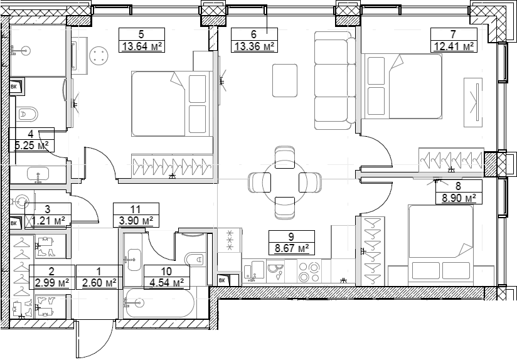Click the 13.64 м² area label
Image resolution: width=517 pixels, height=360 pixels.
[x=142, y=46]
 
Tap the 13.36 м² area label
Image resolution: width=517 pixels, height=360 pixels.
[x=254, y=46]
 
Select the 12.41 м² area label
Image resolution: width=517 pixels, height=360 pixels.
[x=454, y=46]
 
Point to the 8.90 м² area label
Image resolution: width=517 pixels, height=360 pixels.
[x=459, y=198]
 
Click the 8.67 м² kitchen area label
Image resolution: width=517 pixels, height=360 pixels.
[x=292, y=248]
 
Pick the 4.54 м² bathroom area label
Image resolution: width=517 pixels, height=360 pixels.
[x=166, y=283]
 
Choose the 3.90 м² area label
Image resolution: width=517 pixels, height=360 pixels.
[x=136, y=220]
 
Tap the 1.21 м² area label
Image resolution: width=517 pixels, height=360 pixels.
[x=48, y=220]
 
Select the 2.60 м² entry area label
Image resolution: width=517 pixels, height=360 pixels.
[x=99, y=283]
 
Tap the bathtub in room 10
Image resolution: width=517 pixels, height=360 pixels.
[x=159, y=302]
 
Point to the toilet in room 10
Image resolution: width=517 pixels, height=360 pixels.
[x=196, y=258]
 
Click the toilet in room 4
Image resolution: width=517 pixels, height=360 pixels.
[x=27, y=114]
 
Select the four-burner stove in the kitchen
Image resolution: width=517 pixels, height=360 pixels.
[x=309, y=271]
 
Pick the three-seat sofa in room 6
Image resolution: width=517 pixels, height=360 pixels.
[x=335, y=80]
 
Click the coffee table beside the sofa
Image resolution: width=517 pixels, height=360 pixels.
[x=285, y=80]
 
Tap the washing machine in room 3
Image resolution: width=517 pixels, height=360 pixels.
[x=21, y=201]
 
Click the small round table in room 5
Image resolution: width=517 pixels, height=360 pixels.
[x=99, y=55]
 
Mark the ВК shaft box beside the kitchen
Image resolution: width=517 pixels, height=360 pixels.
[x=223, y=280]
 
